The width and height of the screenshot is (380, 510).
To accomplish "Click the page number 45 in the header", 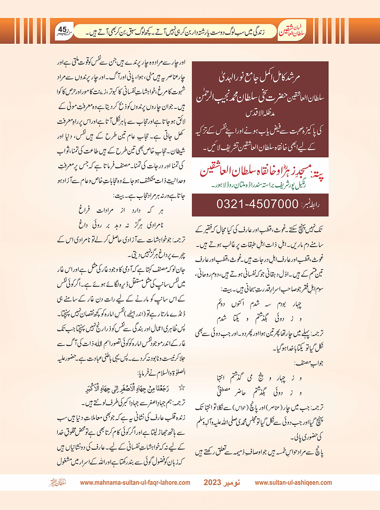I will (63, 30).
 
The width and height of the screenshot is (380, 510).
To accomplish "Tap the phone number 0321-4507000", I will (257, 204).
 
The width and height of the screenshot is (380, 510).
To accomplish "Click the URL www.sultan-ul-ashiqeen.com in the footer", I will (293, 483).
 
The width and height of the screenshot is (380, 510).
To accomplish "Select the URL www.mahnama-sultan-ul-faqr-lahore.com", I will (135, 483).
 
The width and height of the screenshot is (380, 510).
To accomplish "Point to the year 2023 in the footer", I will (212, 483).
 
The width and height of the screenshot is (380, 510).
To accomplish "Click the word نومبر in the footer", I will (232, 483).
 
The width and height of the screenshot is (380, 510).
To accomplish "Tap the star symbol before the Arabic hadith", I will (182, 388).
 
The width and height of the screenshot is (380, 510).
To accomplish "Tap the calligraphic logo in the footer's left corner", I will (58, 483).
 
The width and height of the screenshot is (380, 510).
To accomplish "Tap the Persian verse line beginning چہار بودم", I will (259, 304).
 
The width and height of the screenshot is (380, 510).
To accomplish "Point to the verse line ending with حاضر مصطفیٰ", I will (259, 392).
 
